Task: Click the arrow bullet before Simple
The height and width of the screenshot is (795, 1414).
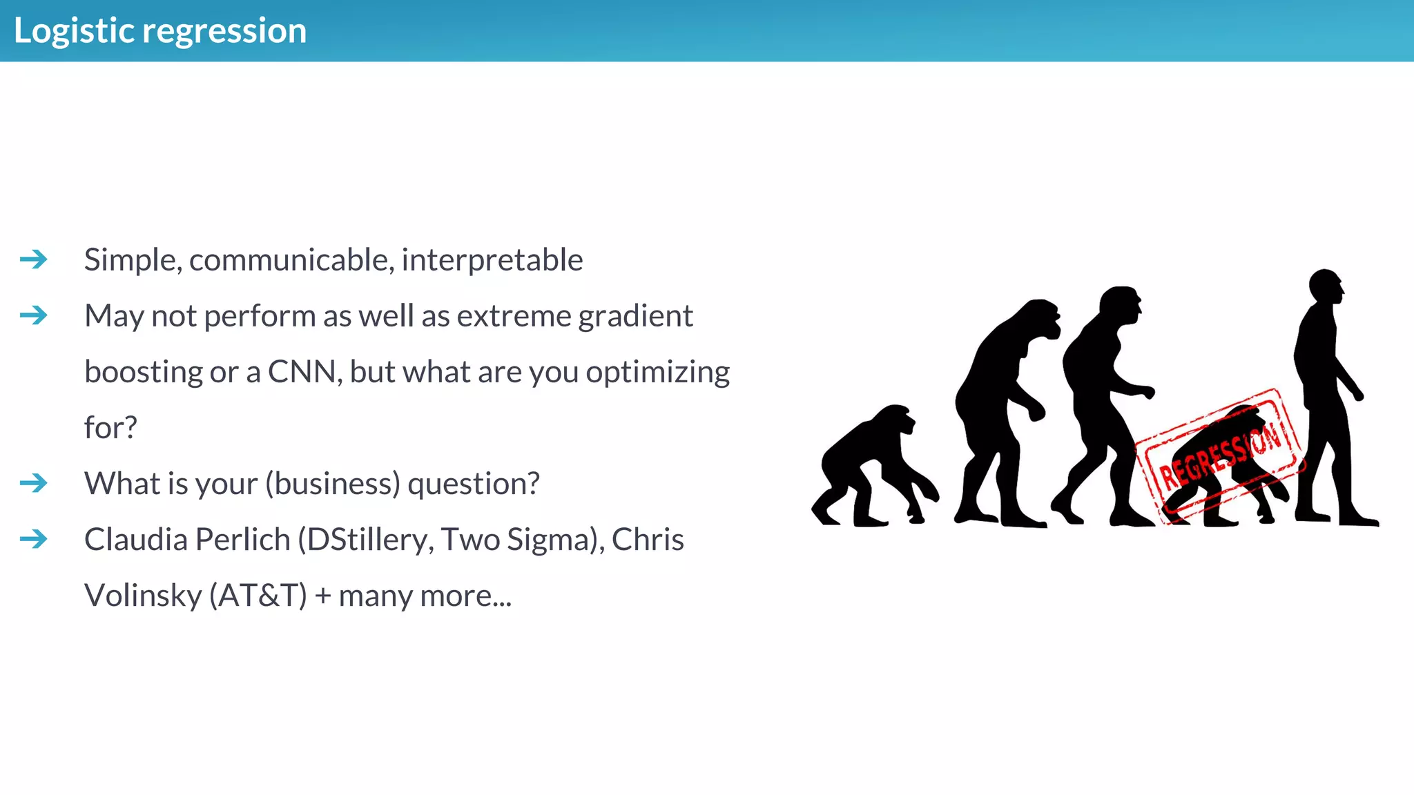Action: [33, 259]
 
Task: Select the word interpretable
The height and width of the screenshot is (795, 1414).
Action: [492, 260]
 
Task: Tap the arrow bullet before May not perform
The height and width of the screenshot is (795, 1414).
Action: [33, 315]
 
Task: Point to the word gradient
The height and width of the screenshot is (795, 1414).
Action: [635, 316]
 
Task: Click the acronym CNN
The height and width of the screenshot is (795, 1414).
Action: [302, 372]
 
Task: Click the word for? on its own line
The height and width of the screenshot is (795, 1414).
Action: [110, 428]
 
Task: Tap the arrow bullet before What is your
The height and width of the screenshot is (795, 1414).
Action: [33, 483]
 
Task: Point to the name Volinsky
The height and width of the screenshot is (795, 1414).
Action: [142, 596]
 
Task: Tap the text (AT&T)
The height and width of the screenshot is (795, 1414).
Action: [258, 596]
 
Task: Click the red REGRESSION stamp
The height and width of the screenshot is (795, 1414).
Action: [1221, 455]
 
